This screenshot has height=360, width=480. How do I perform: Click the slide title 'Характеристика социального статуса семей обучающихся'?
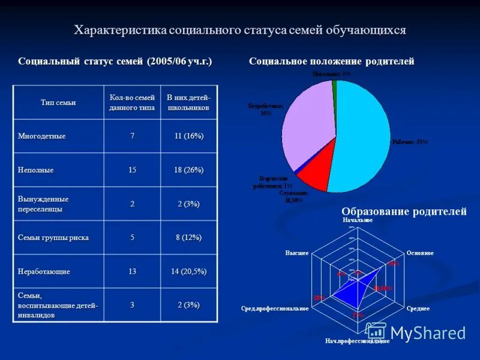pyautogui.click(x=239, y=31)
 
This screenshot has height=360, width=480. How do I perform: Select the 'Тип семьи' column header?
pyautogui.click(x=58, y=103)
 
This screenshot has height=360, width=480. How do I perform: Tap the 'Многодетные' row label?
pyautogui.click(x=41, y=136)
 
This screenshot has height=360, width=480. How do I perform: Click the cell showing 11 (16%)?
pyautogui.click(x=188, y=136)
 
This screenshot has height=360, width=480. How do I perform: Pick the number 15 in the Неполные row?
pyautogui.click(x=132, y=170)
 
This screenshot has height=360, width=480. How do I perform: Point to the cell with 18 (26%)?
pyautogui.click(x=188, y=170)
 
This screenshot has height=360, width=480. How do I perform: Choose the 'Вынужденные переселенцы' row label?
pyautogui.click(x=43, y=204)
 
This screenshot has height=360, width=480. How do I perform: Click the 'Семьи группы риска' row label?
pyautogui.click(x=53, y=238)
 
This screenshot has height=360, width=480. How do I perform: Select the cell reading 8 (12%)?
pyautogui.click(x=188, y=238)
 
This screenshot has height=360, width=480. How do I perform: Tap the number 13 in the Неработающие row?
pyautogui.click(x=132, y=272)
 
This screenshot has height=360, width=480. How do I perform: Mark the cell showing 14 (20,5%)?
pyautogui.click(x=188, y=272)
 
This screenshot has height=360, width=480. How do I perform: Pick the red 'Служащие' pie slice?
pyautogui.click(x=315, y=175)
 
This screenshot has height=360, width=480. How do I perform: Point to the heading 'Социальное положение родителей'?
pyautogui.click(x=331, y=61)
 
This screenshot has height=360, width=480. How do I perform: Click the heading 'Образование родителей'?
pyautogui.click(x=404, y=211)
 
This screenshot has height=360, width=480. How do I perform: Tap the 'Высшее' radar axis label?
pyautogui.click(x=297, y=253)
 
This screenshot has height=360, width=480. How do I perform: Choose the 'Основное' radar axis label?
pyautogui.click(x=420, y=253)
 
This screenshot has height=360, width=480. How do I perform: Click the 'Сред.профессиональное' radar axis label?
pyautogui.click(x=275, y=308)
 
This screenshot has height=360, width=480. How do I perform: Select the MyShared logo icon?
pyautogui.click(x=376, y=332)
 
